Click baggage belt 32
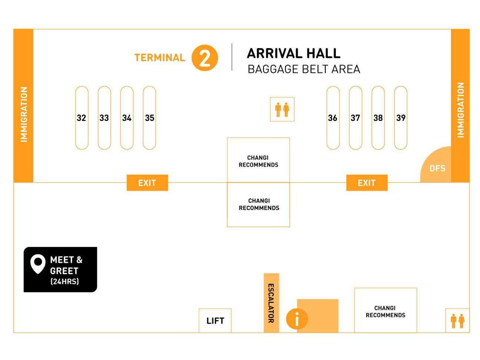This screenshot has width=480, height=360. pyautogui.click(x=82, y=118)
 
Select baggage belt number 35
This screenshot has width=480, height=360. pyautogui.click(x=149, y=118)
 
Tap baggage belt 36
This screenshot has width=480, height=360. pyautogui.click(x=333, y=118)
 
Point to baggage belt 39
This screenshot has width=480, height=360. pyautogui.click(x=401, y=118)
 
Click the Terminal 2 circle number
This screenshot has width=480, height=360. pyautogui.click(x=205, y=58)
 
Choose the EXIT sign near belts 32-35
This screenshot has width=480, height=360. pyautogui.click(x=147, y=183)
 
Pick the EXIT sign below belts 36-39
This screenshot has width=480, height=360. pyautogui.click(x=367, y=183)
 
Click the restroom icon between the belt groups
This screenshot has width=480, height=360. pyautogui.click(x=282, y=109)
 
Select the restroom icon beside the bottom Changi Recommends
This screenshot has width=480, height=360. pyautogui.click(x=457, y=321)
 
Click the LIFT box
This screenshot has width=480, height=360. pyautogui.click(x=215, y=320)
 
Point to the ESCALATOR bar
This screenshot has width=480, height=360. pyautogui.click(x=271, y=303)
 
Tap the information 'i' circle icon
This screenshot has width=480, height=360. pyautogui.click(x=297, y=319)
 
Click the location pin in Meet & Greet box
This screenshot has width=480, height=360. pyautogui.click(x=38, y=263)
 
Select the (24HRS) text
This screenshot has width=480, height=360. pyautogui.click(x=64, y=281)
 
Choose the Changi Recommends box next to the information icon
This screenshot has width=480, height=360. pyautogui.click(x=385, y=311)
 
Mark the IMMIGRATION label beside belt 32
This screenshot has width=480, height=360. pyautogui.click(x=24, y=114)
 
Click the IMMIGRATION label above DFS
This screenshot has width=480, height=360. pyautogui.click(x=460, y=110)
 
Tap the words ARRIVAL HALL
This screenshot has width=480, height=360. pyautogui.click(x=294, y=53)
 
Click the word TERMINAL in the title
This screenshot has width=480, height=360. pyautogui.click(x=160, y=58)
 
